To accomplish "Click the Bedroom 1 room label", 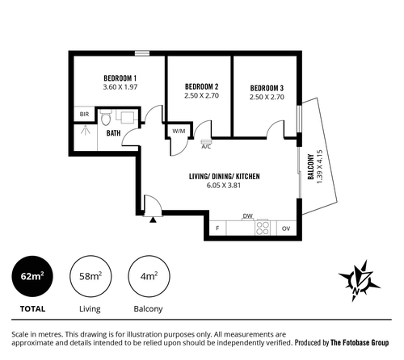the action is coord(120,78).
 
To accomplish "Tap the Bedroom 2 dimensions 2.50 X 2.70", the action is coord(201,95).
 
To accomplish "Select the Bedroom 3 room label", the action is coord(267,88).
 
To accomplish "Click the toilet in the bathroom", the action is coord(105,117).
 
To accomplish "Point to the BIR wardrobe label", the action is coord(84,114).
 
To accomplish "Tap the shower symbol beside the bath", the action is coord(86,130).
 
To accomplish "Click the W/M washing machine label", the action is coord(179,131).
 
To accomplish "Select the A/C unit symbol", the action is coord(206,142).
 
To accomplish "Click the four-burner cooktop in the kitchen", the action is coord(263,228).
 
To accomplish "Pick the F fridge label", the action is coord(217,228).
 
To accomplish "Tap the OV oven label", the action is coord(286,228).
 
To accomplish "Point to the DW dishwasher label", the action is coord(248,216).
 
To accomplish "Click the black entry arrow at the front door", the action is coord(153,220).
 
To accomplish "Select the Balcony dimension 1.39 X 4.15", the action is coord(319,167).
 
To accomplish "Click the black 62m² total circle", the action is coord(32,276).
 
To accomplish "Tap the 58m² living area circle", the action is coord(90,276).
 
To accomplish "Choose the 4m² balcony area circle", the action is coord(149,276).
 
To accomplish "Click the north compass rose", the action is coord(359,281).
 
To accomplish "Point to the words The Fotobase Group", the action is coord(360,343).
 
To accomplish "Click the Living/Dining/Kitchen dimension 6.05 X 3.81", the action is coord(224,186).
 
